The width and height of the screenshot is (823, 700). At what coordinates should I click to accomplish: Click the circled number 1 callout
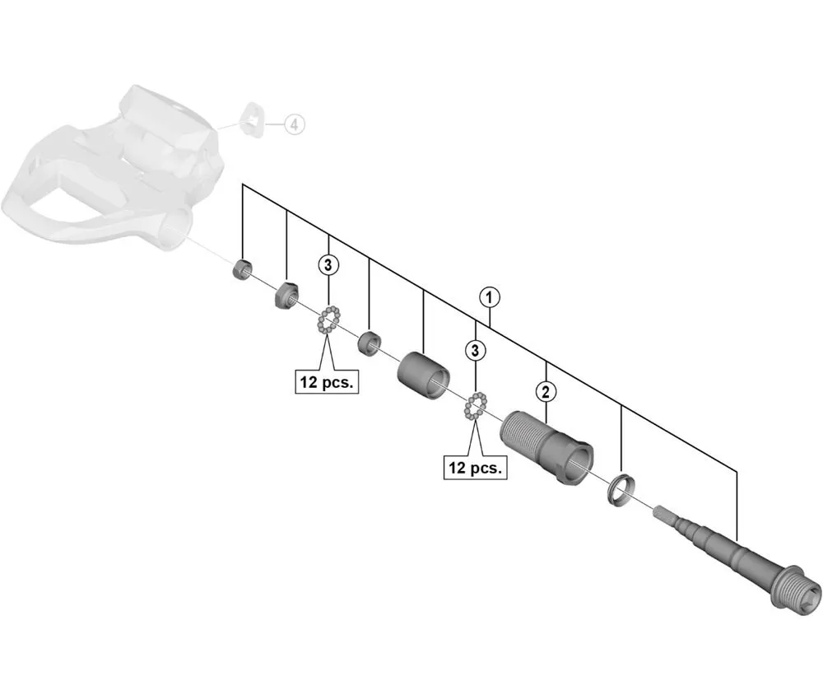coord(490,296)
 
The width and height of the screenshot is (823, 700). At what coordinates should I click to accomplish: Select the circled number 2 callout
coord(545,390)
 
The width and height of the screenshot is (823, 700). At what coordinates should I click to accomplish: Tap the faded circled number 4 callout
coord(294,124)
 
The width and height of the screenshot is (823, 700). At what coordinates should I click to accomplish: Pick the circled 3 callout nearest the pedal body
coord(328,264)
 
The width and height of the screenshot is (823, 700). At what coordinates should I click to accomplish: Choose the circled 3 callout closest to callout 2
coord(476,350)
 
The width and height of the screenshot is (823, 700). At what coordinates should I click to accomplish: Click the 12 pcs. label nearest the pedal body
coord(328,382)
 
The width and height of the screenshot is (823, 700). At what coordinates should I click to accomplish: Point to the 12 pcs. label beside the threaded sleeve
coord(476,468)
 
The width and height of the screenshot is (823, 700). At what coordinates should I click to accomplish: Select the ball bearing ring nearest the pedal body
coord(328,319)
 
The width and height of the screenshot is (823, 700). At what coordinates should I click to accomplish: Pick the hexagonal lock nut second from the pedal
coord(286,292)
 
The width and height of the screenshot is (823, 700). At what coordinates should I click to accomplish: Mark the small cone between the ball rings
coord(369,340)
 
